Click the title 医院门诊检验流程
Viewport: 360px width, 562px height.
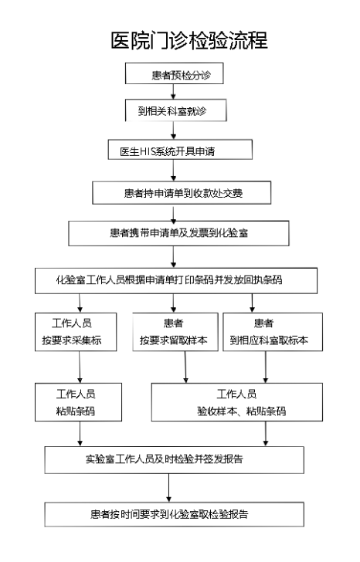189,40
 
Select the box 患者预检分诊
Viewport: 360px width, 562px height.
175,73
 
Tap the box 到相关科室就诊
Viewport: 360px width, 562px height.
175,110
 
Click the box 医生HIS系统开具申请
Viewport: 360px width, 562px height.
180,150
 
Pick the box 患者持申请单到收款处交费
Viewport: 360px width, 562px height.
182,193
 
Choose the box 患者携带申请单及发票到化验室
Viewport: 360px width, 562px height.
179,233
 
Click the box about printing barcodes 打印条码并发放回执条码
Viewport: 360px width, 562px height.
176,281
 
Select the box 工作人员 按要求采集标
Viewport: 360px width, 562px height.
76,332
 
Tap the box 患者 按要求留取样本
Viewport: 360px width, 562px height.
175,332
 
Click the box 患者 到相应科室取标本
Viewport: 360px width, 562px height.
273,332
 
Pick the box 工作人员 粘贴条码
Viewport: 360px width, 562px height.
79,402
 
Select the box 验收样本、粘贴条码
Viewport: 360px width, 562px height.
237,402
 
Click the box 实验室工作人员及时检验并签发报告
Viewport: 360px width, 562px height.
175,460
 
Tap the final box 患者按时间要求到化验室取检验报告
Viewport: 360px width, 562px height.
175,514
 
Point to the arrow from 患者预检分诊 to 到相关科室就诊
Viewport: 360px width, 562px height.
174,92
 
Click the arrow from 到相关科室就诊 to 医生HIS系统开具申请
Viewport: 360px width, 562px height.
174,130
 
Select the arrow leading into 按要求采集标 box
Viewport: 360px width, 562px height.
80,303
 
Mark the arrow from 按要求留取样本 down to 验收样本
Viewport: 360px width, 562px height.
185,367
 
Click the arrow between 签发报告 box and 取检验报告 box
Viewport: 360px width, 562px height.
169,488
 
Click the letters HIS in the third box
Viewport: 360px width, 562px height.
145,151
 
